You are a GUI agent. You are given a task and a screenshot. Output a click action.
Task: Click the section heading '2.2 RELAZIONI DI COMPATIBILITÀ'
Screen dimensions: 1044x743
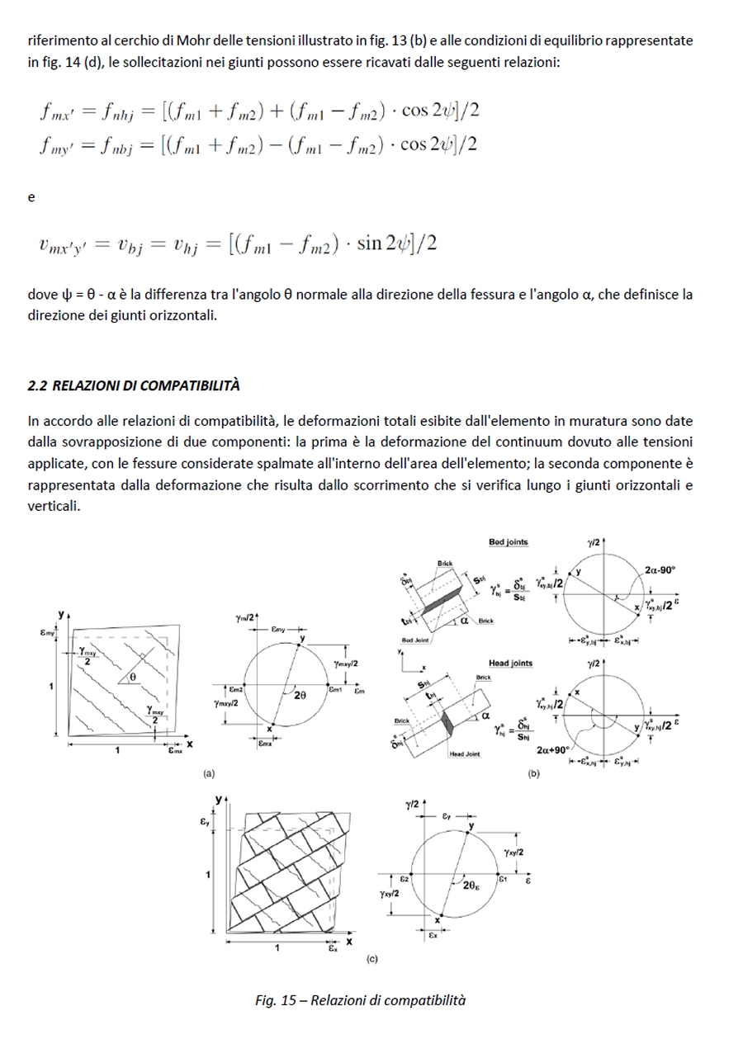(x=133, y=385)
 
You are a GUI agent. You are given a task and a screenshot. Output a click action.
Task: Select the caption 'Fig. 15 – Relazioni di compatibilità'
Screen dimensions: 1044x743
(x=360, y=1000)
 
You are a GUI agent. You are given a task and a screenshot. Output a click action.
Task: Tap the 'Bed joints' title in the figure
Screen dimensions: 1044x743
(x=509, y=542)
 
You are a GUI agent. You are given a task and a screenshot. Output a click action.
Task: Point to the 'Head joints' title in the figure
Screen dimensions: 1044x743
(x=510, y=663)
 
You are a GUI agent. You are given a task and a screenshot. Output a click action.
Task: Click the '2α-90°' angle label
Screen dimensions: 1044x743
(x=660, y=569)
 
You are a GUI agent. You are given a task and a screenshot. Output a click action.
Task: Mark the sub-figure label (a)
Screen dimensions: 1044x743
(x=209, y=773)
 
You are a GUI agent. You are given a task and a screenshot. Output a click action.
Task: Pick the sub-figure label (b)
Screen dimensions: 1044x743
(x=533, y=773)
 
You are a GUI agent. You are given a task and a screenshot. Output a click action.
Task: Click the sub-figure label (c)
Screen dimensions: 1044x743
(x=371, y=960)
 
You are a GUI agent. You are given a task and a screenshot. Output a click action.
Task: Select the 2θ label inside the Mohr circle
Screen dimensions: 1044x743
(x=299, y=696)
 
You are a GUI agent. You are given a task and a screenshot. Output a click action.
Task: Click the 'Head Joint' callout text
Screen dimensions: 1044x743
(x=464, y=753)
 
